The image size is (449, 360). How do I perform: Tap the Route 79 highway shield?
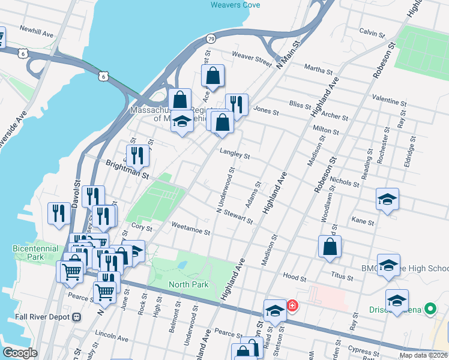(211, 38)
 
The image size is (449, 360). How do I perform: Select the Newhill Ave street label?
(37, 29)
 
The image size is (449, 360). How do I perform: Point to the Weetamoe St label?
(190, 231)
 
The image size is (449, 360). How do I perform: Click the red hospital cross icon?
(292, 306)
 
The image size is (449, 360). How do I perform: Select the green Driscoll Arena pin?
(430, 310)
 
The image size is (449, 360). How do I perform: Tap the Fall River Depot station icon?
(76, 317)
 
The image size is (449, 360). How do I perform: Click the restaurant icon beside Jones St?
(237, 105)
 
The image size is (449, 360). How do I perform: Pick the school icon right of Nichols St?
(387, 199)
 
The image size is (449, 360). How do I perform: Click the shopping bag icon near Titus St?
(330, 247)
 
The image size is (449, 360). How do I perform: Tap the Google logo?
(20, 353)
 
